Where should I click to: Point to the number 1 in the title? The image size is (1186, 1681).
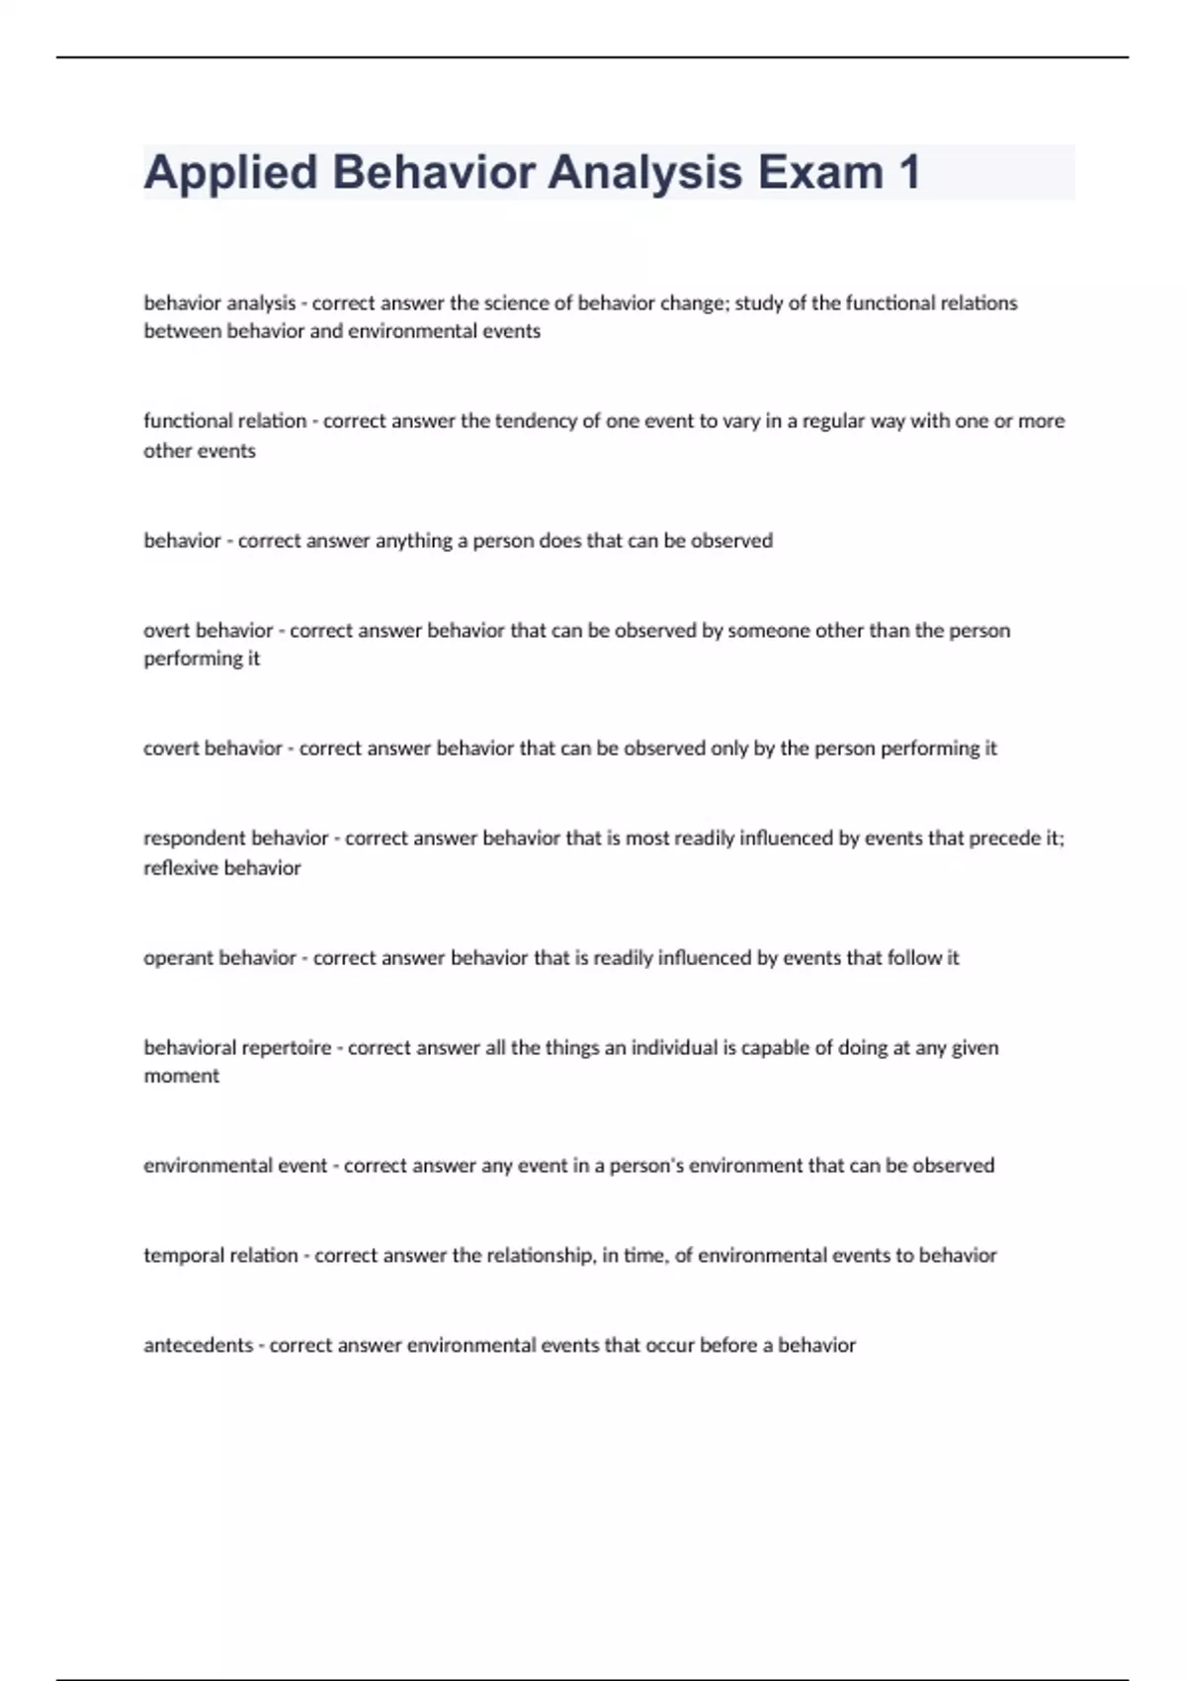pos(909,172)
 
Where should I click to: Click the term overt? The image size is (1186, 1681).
pos(167,631)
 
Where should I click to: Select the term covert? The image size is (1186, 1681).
pos(172,749)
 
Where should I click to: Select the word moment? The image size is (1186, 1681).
pos(181,1076)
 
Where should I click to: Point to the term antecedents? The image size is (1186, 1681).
pos(198,1346)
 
